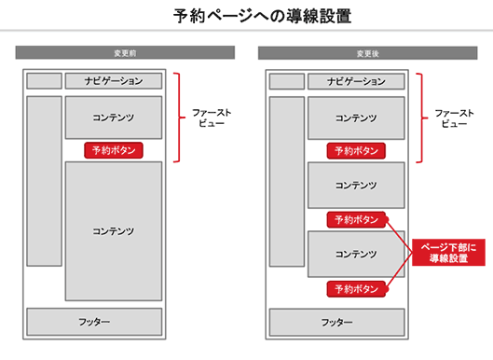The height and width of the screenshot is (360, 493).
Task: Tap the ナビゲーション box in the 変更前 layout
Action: point(114,81)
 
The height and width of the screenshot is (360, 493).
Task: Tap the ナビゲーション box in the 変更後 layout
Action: point(356,81)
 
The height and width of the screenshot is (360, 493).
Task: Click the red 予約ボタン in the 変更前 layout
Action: point(114,149)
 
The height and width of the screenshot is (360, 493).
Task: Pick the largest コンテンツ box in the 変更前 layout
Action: point(114,230)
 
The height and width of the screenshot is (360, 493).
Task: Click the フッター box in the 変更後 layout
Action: point(337,321)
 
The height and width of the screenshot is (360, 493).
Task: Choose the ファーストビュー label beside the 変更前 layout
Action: point(212,118)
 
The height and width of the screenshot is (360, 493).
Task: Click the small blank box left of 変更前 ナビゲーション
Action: point(44,81)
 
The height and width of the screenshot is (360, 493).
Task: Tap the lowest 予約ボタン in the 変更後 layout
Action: point(356,289)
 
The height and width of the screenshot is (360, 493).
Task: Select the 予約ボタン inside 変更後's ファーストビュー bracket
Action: point(356,150)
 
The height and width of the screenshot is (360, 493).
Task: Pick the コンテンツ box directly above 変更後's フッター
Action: point(356,254)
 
